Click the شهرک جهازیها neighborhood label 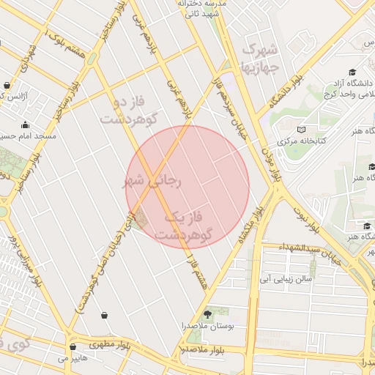[x=259, y=59]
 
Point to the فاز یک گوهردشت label [x=187, y=226]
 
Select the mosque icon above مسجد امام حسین [x=26, y=125]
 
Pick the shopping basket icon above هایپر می [x=73, y=346]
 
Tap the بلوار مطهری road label [x=109, y=343]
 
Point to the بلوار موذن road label [x=272, y=162]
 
